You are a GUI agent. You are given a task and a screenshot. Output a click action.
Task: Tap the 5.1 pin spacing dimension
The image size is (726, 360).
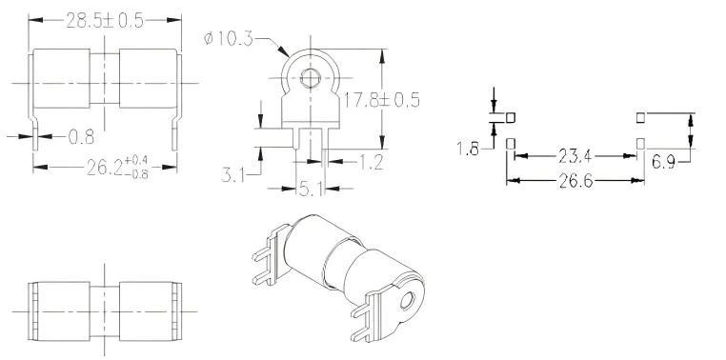[x=312, y=190]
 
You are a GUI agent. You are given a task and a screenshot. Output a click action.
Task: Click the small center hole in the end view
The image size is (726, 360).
[x=309, y=76]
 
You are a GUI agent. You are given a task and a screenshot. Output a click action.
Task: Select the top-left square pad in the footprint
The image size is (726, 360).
[x=511, y=117]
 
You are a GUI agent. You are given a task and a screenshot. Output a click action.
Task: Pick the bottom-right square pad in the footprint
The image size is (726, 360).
[x=640, y=144]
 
